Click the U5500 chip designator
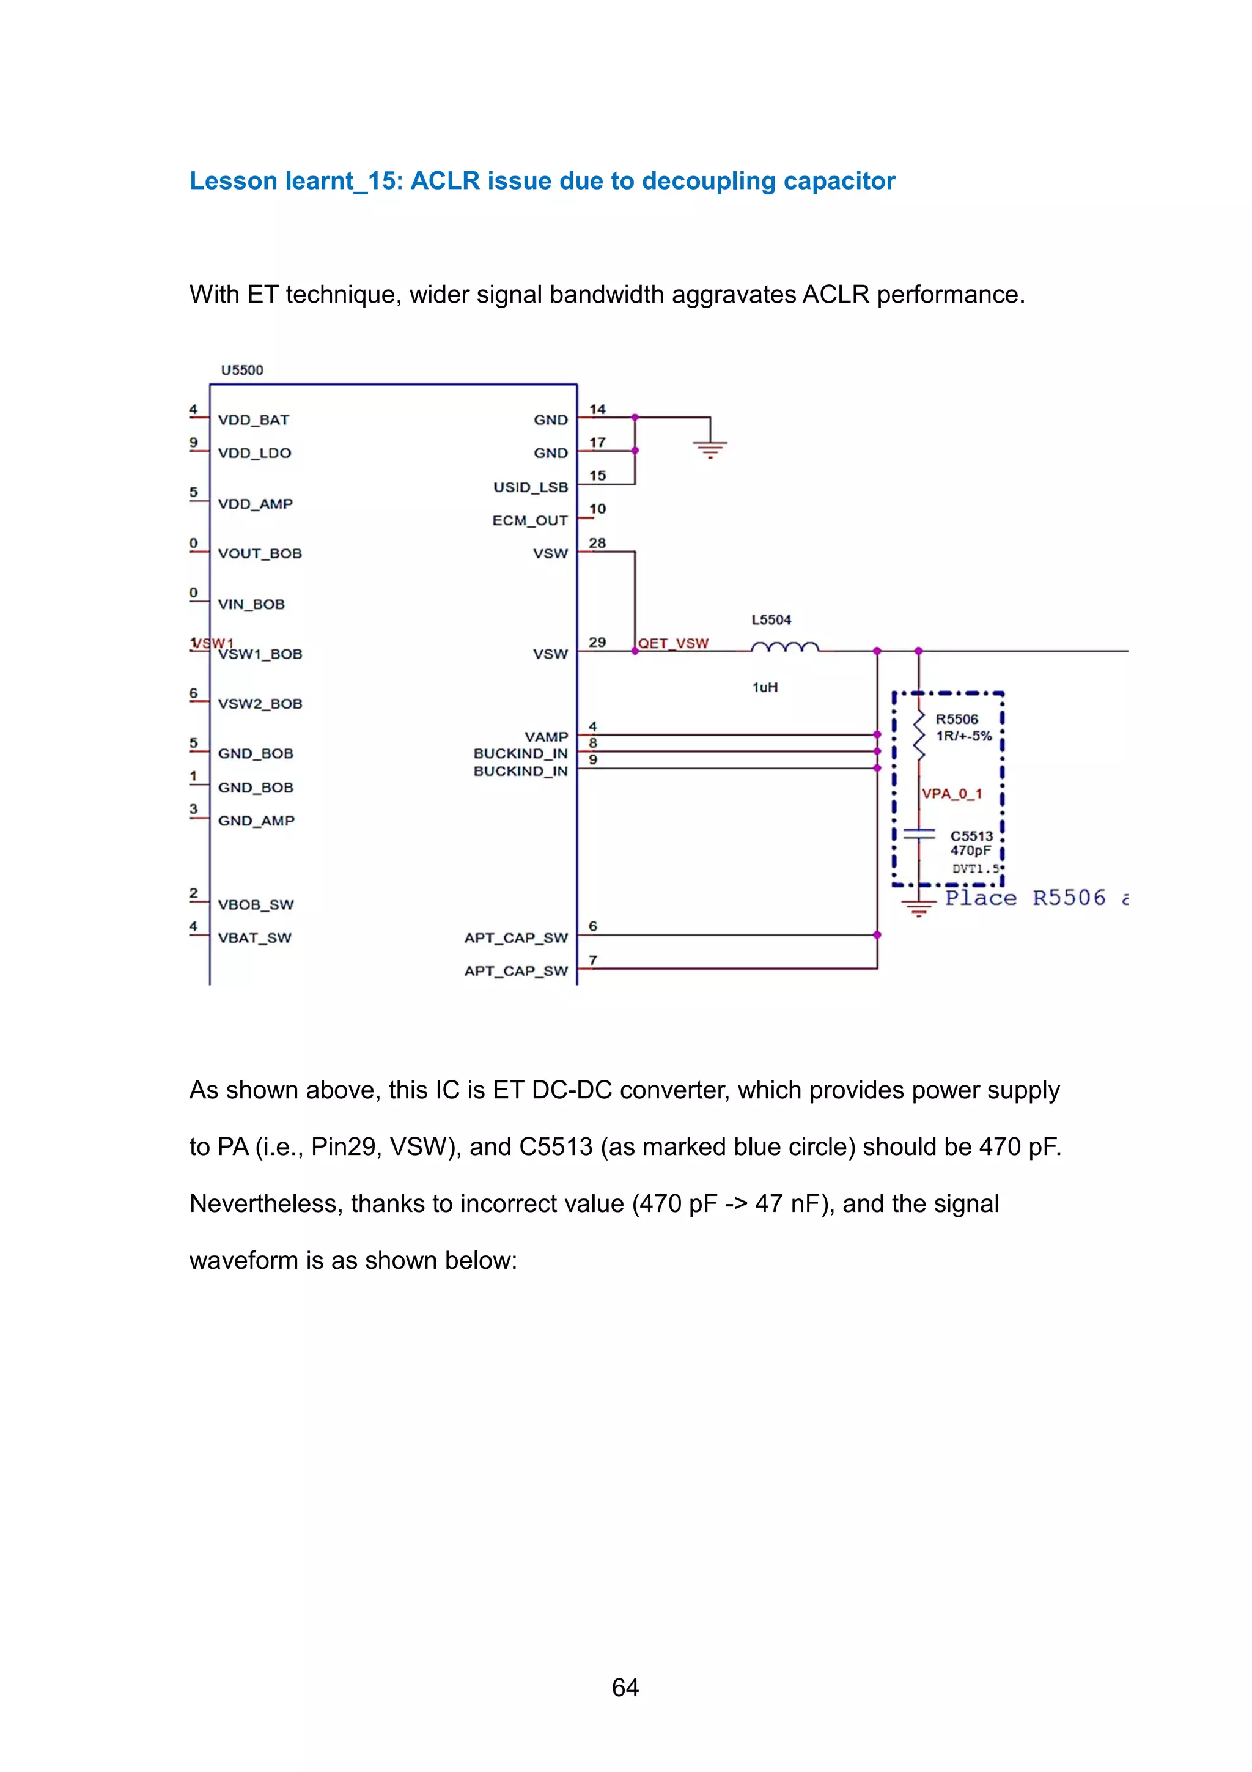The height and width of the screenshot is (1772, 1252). click(x=241, y=371)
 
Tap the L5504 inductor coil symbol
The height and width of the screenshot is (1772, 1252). click(x=784, y=648)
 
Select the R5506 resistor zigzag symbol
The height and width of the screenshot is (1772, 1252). click(x=919, y=736)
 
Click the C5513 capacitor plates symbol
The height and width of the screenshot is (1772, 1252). click(x=919, y=833)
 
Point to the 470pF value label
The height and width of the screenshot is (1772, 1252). click(x=970, y=851)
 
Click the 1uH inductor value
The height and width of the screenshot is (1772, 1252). click(x=765, y=687)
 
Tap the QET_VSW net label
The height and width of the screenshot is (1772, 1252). click(x=674, y=643)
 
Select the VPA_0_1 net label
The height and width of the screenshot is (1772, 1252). click(x=951, y=794)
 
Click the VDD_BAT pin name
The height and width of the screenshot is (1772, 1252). click(x=253, y=420)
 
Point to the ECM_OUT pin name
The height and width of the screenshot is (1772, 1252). click(x=530, y=520)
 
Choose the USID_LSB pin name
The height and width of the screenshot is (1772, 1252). click(x=531, y=487)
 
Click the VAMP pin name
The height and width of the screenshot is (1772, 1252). click(x=546, y=736)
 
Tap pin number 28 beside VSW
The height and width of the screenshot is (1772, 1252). click(x=597, y=544)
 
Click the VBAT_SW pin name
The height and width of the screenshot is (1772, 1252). click(x=254, y=938)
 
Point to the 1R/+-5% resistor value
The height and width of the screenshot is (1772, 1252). click(x=963, y=736)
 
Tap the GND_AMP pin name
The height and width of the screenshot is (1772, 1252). click(x=256, y=821)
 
